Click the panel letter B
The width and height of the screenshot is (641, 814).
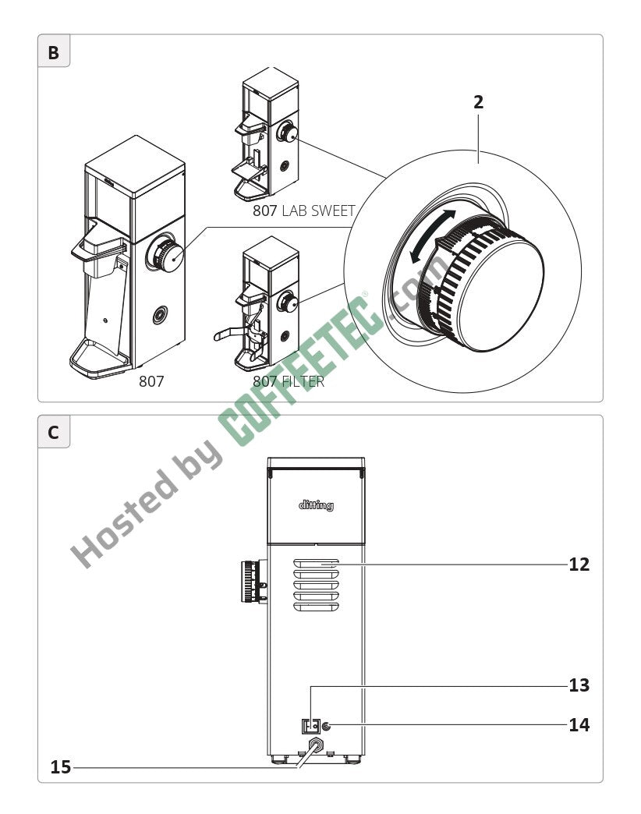pos(53,52)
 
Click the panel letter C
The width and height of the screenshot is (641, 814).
pos(53,433)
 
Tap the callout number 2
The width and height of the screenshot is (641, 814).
pos(478,101)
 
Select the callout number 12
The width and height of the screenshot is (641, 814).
pos(579,564)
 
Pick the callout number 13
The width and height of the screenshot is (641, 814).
pos(579,685)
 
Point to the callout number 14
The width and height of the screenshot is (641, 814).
pos(579,724)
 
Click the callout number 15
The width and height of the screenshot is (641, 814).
pos(61,766)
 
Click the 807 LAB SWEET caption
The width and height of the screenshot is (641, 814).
pos(303,211)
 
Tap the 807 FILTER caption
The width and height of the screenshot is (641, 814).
pos(289,381)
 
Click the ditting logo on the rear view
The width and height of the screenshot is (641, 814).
pos(316,505)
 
